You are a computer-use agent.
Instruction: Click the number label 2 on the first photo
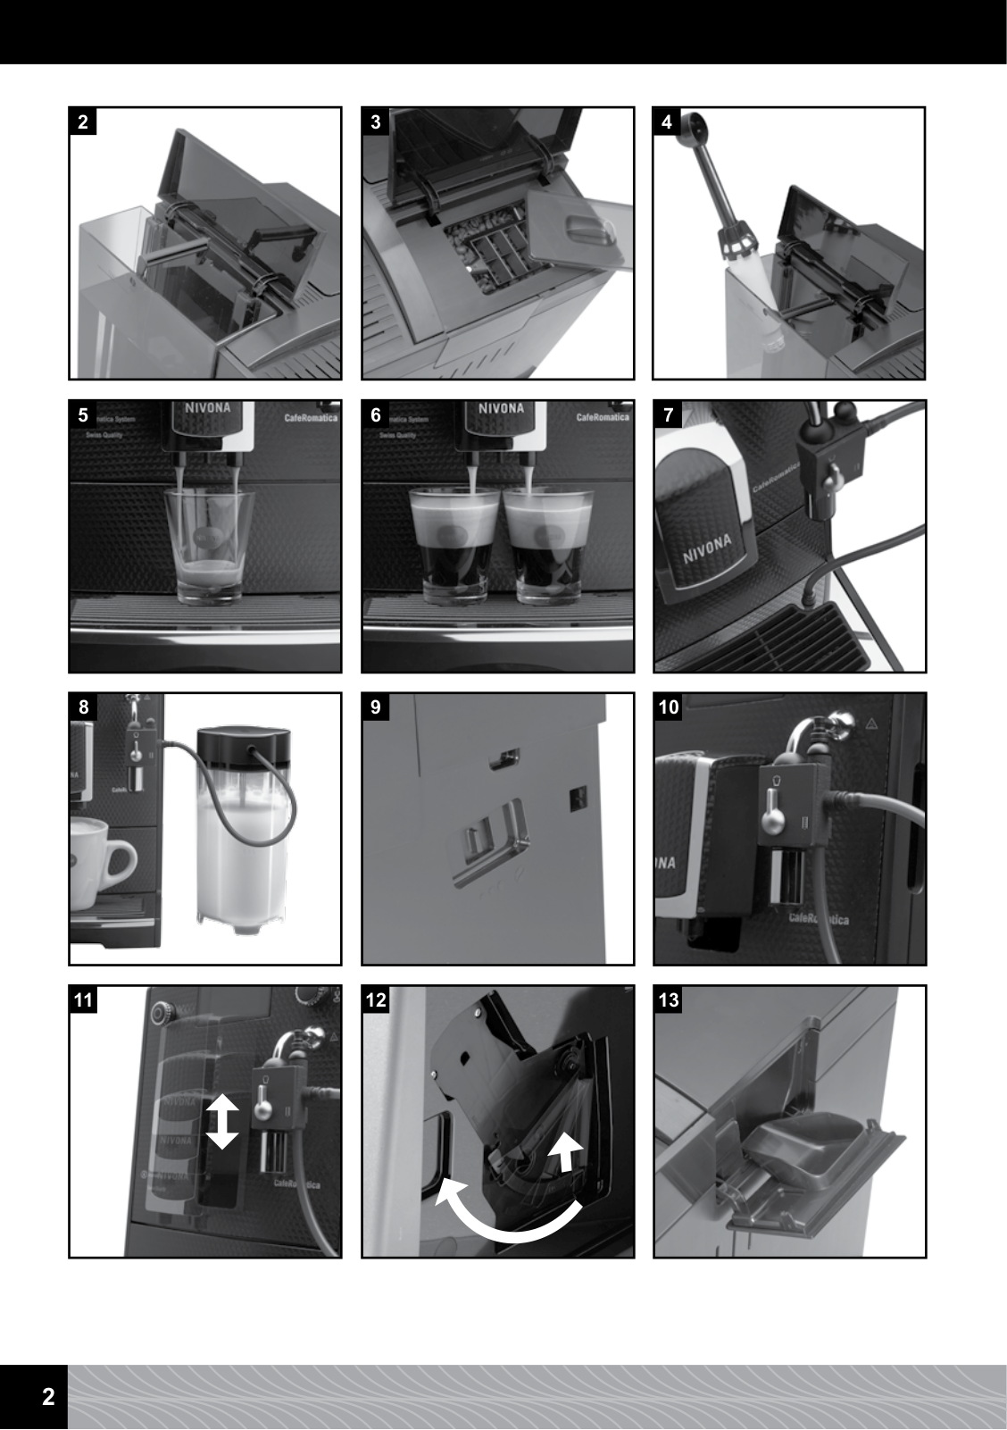click(83, 122)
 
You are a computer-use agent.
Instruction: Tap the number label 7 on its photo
click(669, 414)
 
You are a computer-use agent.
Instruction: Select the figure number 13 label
click(669, 1000)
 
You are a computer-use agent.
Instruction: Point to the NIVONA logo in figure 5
click(208, 408)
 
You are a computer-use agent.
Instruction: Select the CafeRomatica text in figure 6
click(603, 417)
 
